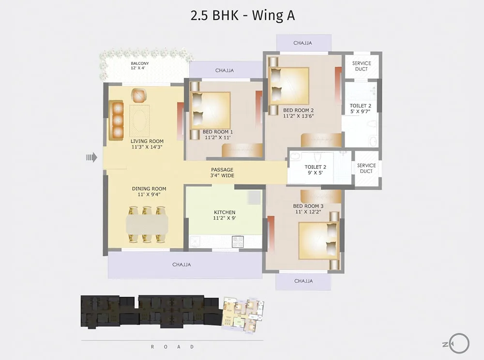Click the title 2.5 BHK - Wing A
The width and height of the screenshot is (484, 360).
tap(242, 15)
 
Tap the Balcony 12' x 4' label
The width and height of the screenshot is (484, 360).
tap(139, 65)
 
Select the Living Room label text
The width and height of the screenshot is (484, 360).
tap(147, 144)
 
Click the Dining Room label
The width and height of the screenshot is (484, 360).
tap(149, 191)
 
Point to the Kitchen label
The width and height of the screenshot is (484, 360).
tap(225, 215)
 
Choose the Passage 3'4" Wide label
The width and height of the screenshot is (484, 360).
tap(222, 172)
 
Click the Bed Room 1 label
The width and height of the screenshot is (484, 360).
tap(218, 135)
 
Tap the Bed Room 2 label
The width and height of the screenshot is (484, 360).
tap(299, 113)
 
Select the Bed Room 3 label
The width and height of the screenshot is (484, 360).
tap(308, 209)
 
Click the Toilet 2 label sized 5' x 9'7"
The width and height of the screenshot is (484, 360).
tap(360, 108)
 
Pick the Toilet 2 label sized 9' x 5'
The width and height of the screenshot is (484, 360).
tap(315, 170)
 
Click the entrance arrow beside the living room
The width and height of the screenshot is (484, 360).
tap(91, 158)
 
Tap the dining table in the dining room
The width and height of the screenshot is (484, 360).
tap(147, 224)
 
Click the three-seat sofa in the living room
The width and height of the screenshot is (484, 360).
tap(116, 120)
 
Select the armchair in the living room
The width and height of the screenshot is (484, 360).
tap(138, 95)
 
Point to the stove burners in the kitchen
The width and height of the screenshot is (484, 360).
tap(238, 241)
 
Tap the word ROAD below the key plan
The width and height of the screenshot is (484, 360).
tap(172, 347)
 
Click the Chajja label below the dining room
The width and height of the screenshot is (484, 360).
tap(181, 264)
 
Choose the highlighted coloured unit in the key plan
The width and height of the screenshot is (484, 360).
tap(243, 315)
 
